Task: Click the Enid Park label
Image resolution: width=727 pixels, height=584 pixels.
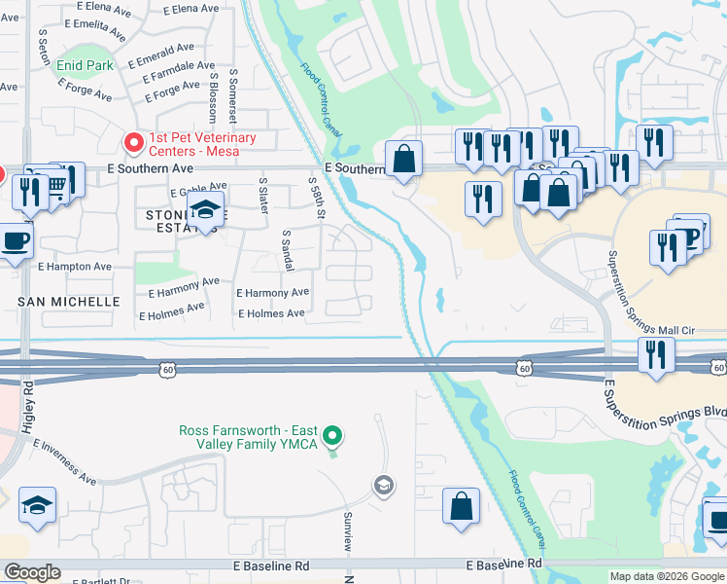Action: click(x=85, y=65)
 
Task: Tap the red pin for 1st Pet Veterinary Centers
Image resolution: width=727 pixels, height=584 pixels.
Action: click(x=133, y=144)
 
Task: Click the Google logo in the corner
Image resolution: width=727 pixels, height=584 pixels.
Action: click(x=32, y=571)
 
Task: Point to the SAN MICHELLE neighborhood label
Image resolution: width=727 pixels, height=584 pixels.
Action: click(x=69, y=302)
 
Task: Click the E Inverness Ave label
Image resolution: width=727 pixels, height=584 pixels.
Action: click(x=64, y=461)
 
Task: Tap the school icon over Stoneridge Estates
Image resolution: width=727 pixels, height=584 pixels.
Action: click(x=205, y=209)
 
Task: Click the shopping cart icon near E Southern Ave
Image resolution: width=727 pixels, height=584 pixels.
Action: click(x=58, y=182)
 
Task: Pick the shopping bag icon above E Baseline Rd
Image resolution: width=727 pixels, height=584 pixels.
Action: click(x=461, y=505)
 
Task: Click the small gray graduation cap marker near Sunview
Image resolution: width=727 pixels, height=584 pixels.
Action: click(x=384, y=485)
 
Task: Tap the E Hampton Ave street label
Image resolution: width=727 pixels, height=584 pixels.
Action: click(x=74, y=266)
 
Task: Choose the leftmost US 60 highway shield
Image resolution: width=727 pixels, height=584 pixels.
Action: click(x=167, y=368)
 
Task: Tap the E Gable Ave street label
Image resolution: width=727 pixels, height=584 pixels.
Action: click(x=198, y=186)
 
